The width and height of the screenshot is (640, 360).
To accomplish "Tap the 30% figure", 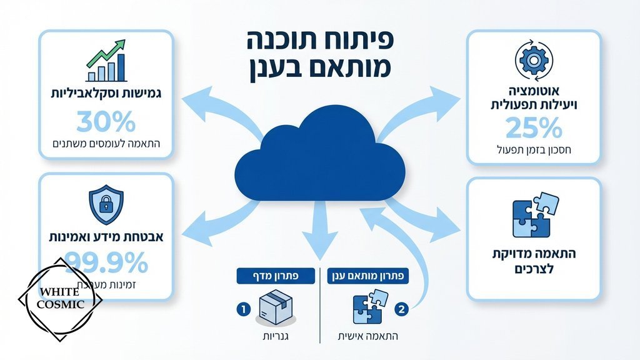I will click(x=106, y=121).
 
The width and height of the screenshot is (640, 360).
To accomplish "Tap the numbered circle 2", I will click(x=402, y=308).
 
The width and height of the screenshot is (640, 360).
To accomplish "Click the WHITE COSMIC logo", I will click(x=60, y=299).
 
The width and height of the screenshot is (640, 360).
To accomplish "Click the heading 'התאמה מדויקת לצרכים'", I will click(x=533, y=261).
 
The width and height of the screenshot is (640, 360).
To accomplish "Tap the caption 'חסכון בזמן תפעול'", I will click(x=533, y=149).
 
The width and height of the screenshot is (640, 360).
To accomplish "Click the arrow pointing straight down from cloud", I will click(x=320, y=234).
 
